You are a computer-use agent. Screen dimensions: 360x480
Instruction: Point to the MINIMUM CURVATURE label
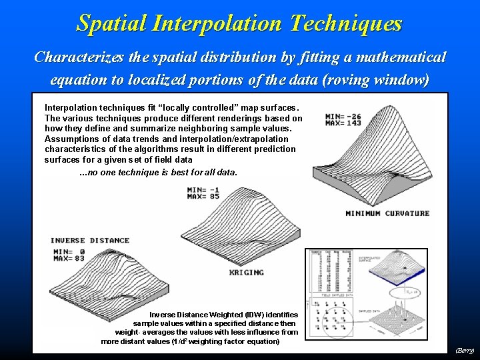pos(387,213)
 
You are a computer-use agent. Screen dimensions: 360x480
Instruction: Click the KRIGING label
pos(247,272)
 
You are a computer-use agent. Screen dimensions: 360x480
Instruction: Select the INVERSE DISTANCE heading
pos(90,240)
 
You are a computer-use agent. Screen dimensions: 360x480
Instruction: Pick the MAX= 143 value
pos(343,123)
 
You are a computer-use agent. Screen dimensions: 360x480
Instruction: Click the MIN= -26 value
pos(343,116)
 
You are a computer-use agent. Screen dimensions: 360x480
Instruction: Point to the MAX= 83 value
pos(69,258)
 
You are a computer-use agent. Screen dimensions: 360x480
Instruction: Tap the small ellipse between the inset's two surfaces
pos(407,291)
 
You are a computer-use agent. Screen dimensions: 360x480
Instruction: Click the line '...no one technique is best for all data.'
pos(157,172)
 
